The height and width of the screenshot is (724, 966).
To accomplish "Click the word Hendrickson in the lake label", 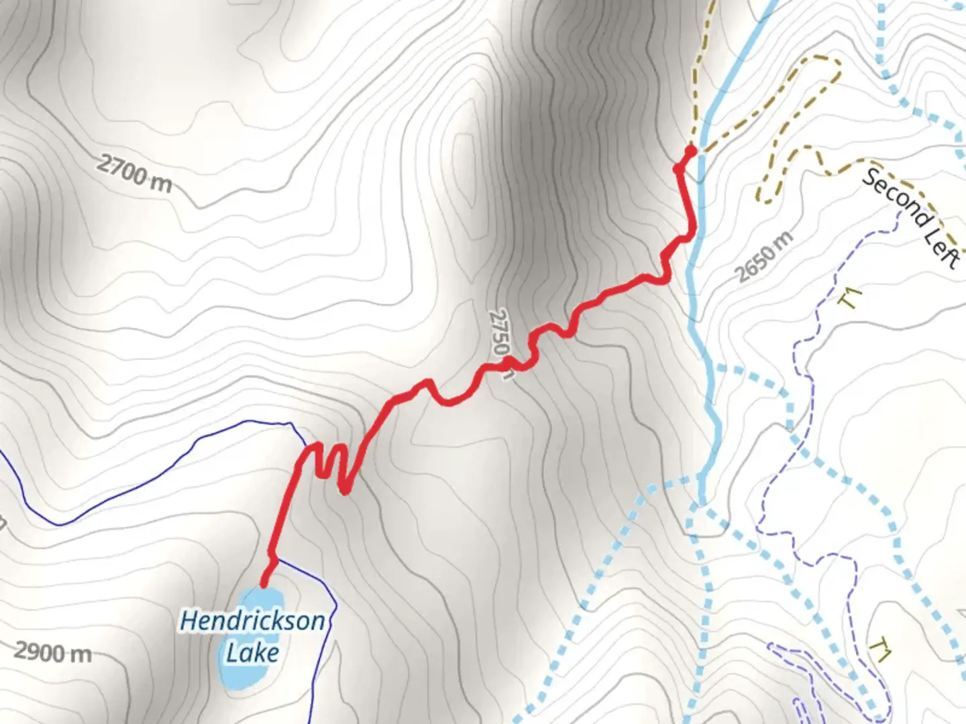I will point(252,621).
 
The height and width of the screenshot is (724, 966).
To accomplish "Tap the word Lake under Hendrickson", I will point(252,652).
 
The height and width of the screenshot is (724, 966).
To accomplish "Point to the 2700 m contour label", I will point(134,173).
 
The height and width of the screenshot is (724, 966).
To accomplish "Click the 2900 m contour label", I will point(53,652).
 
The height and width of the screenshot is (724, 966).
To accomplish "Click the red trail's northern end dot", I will point(691,150).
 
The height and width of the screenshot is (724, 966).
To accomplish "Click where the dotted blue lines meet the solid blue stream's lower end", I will point(700,503).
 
